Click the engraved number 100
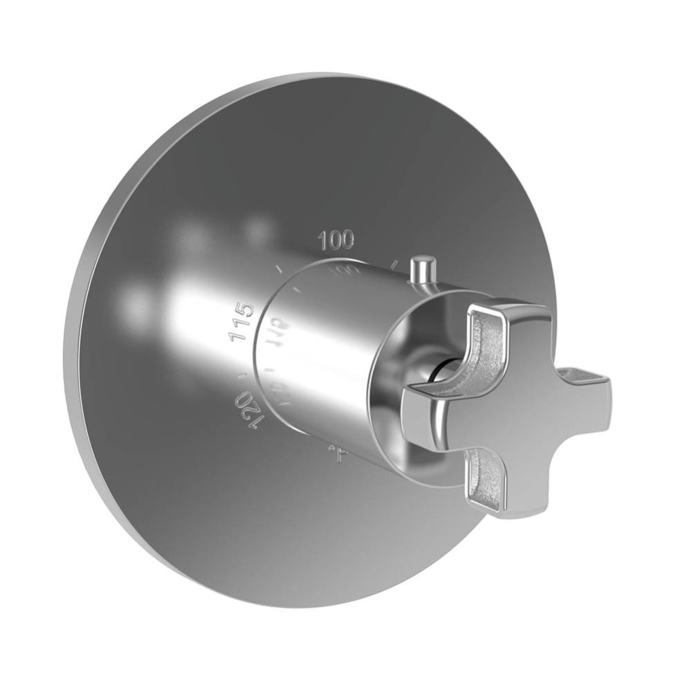[336, 240]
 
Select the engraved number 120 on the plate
[250, 410]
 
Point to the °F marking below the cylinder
[338, 453]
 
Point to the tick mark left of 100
[279, 268]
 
